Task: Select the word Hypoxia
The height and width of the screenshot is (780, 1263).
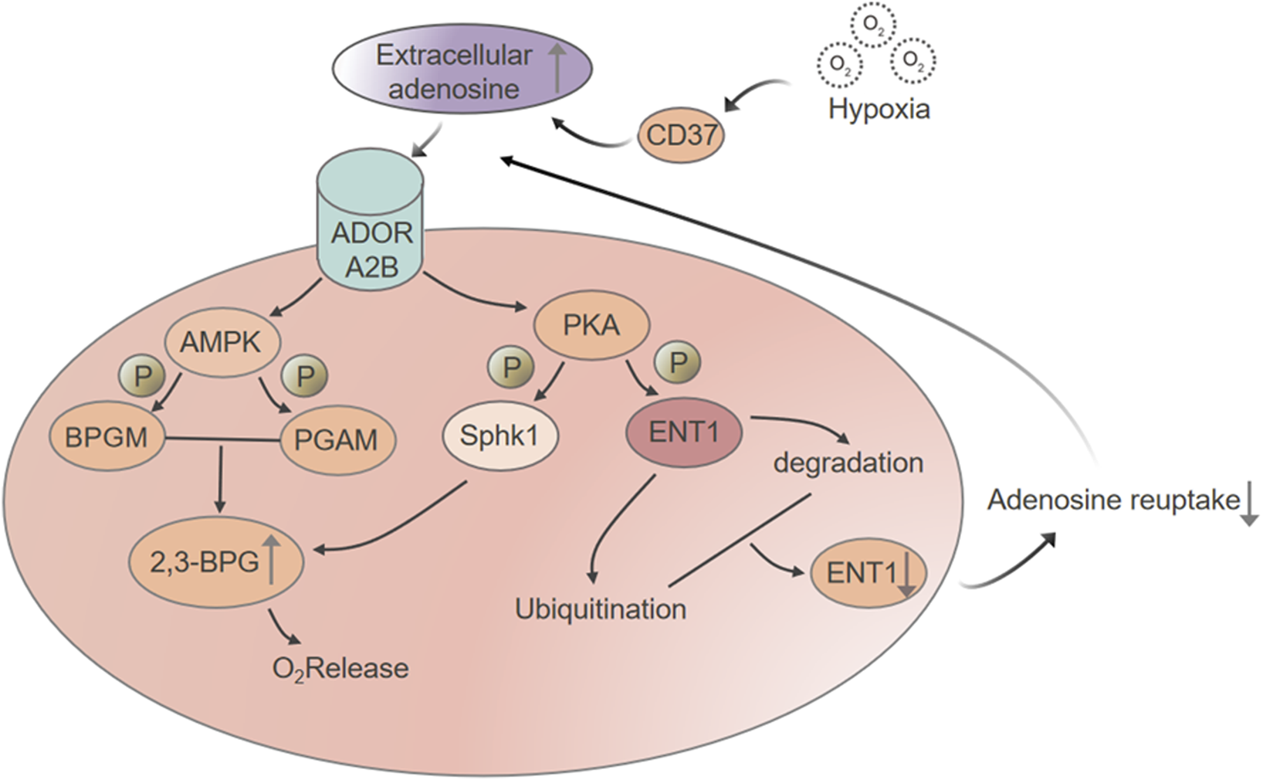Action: (879, 109)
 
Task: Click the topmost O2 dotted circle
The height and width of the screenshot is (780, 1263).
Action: (873, 25)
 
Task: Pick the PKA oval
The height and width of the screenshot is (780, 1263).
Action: (591, 325)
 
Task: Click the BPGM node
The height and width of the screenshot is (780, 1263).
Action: (107, 438)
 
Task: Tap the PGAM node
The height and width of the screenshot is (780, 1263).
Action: (337, 440)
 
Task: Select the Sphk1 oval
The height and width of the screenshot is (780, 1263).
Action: (499, 436)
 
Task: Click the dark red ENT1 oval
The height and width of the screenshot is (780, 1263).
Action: (683, 432)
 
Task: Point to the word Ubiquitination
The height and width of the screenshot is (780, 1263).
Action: (601, 609)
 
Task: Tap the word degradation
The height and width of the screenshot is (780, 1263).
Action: (848, 463)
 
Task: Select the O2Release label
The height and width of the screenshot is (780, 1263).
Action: (340, 668)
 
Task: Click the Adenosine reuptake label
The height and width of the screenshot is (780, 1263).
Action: (1113, 500)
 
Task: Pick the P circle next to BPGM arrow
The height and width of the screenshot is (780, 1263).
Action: (141, 376)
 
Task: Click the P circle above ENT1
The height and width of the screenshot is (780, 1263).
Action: (678, 362)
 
